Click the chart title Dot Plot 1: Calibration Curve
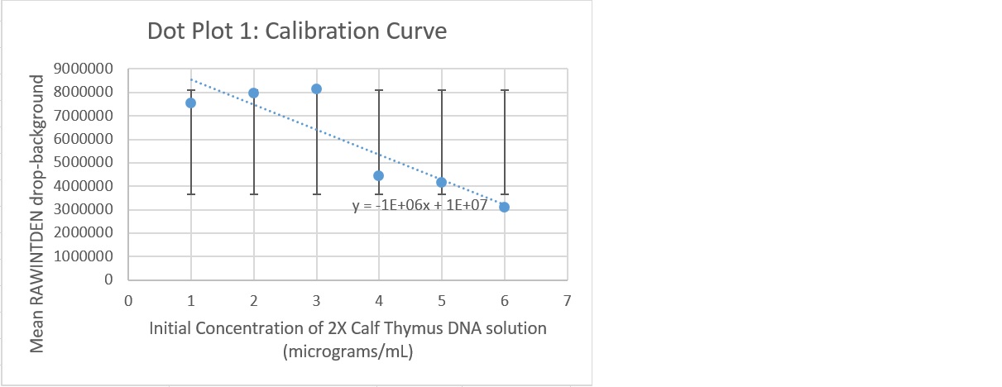tap(296, 31)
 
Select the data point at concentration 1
tap(190, 103)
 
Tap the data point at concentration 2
tap(253, 93)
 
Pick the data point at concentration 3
tap(316, 88)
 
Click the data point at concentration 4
tap(378, 175)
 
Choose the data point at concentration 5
tap(441, 182)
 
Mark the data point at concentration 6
tap(504, 207)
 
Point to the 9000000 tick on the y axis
tap(81, 69)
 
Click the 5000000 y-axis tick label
tap(81, 163)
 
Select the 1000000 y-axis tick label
tap(81, 257)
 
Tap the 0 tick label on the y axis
tap(108, 280)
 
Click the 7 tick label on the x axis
tap(567, 300)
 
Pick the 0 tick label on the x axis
tap(128, 300)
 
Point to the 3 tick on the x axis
tap(316, 300)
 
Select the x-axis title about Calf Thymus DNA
tap(348, 328)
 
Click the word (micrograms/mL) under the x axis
tap(348, 351)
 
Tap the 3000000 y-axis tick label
tap(81, 210)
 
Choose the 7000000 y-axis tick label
tap(81, 116)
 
